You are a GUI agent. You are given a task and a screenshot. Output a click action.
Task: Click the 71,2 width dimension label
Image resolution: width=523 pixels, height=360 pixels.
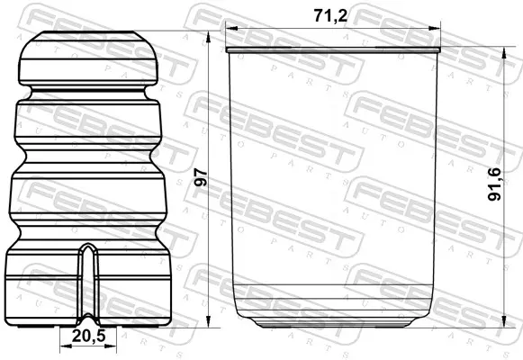329,15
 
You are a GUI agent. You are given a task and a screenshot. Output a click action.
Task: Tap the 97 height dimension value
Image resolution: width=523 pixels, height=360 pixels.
202,177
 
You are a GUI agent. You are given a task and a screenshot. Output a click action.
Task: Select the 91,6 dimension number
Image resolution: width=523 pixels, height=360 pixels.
494,184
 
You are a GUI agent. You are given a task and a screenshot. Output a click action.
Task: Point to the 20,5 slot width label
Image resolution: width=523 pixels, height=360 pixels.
88,336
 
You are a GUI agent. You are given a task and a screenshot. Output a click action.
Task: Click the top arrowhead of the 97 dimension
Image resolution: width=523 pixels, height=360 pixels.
209,36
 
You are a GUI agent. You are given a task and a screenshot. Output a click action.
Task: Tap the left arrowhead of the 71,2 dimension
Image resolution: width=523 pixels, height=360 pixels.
231,29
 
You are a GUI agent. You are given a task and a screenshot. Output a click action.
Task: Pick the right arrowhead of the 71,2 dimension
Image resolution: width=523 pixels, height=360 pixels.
434,29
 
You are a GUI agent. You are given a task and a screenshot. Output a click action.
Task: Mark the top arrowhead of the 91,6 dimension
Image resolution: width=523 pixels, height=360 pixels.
504,52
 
